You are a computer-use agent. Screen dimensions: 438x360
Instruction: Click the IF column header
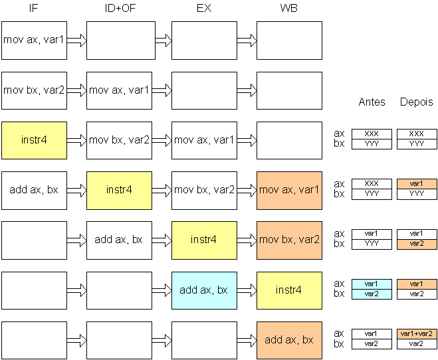coord(33,8)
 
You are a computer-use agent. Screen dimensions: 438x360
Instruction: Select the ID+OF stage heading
coord(120,8)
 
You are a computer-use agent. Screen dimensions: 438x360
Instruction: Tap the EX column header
coord(204,8)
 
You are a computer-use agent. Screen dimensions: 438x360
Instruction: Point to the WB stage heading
coord(289,8)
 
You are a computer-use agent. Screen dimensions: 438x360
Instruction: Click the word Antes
coord(372,102)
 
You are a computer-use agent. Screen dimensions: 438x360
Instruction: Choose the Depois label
coord(417,102)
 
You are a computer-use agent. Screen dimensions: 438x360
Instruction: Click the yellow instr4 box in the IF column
coord(34,140)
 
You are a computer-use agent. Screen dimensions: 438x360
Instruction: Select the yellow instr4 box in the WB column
coord(289,290)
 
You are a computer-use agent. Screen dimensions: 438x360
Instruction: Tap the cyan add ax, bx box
coord(204,290)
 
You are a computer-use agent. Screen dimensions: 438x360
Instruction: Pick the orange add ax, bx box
coord(289,341)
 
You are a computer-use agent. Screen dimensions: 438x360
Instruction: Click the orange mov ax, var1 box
coord(289,191)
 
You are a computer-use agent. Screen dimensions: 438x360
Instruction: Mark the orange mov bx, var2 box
coord(289,240)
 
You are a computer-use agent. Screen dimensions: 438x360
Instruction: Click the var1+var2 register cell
coord(417,334)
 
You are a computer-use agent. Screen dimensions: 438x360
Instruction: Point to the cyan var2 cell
coord(372,294)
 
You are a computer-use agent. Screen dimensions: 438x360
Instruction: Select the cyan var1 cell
coord(372,284)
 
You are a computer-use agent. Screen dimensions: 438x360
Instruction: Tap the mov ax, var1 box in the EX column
coord(204,140)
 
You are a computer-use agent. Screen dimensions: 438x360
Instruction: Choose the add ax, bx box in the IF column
coord(34,191)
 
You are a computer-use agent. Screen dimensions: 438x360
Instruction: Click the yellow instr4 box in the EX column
coord(204,240)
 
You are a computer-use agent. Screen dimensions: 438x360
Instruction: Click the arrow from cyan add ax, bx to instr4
coord(247,290)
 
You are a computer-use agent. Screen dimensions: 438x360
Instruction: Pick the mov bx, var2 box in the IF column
coord(34,91)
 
